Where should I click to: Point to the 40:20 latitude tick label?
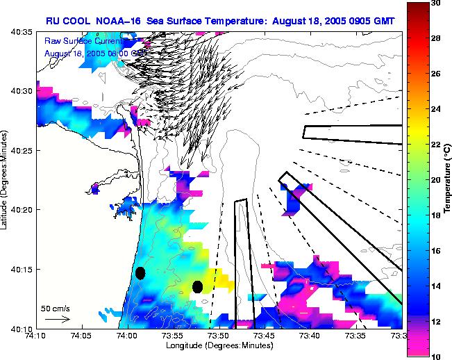[x=23, y=210]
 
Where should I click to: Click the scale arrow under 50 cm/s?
[x=57, y=319]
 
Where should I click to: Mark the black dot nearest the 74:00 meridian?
[x=140, y=273]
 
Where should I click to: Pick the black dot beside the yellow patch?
[x=197, y=286]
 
